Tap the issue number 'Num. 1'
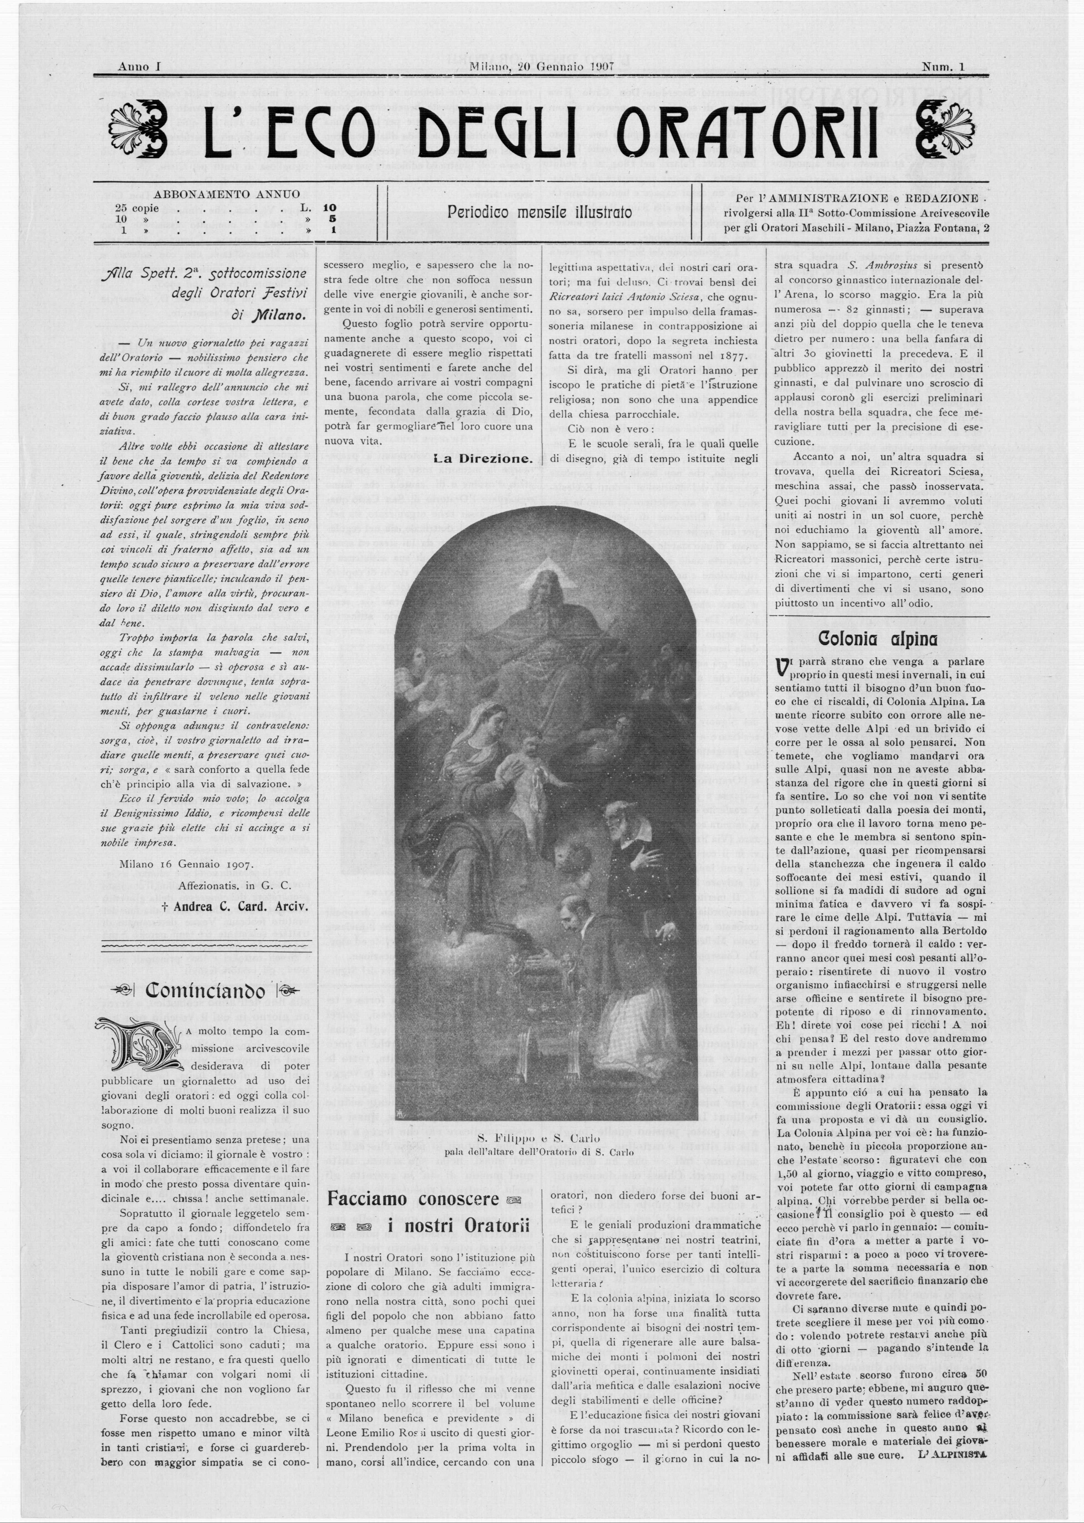[944, 67]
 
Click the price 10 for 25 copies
[329, 208]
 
